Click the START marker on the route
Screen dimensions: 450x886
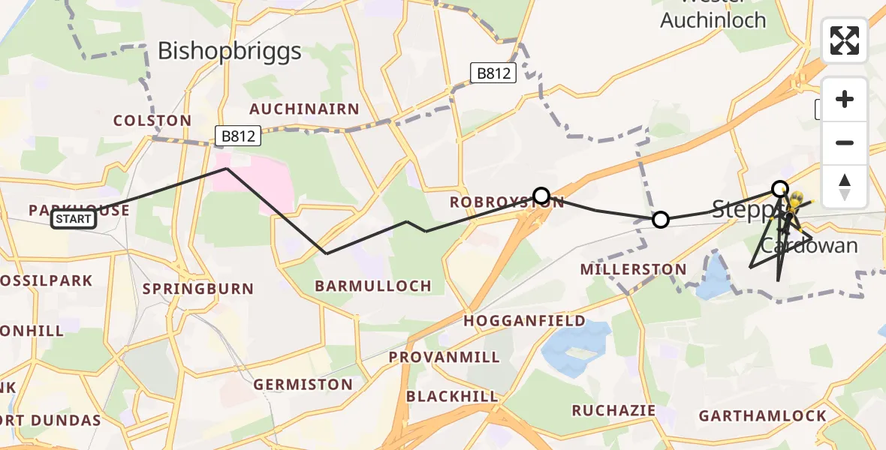[74, 220]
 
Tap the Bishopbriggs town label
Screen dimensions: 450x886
[230, 51]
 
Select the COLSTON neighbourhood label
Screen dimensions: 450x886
[152, 121]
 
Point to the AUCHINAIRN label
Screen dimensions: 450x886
[304, 109]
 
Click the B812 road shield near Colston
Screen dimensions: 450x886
[238, 136]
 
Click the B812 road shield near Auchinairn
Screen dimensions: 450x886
[494, 73]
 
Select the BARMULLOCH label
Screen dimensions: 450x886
[373, 286]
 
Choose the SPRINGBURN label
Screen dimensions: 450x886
[198, 289]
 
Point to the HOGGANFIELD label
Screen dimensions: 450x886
[524, 321]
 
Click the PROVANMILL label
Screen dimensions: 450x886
[445, 357]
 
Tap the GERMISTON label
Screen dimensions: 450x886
[303, 385]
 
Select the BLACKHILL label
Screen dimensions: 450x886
[452, 396]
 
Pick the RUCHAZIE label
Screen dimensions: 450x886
[613, 410]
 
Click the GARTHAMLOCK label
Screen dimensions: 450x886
[762, 415]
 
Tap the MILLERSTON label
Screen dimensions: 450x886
[634, 269]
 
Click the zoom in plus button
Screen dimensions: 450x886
[845, 99]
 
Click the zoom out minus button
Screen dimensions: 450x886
[845, 142]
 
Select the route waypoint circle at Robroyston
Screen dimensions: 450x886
[541, 196]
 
